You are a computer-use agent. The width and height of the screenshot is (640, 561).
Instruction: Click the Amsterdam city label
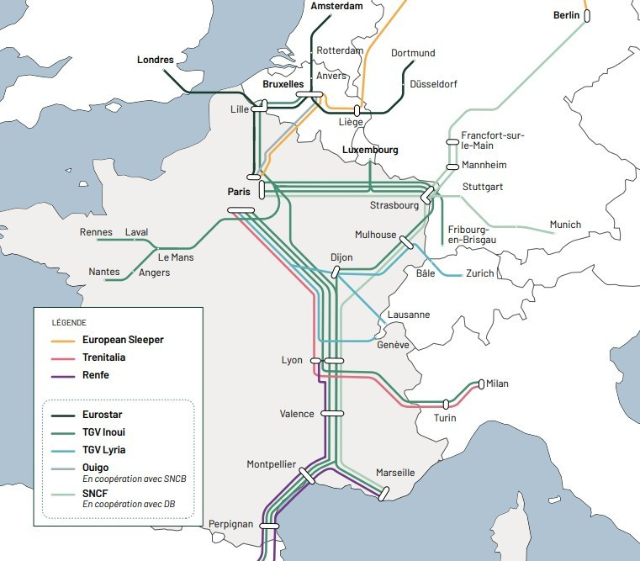click(336, 7)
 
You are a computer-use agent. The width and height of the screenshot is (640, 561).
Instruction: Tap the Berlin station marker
click(587, 15)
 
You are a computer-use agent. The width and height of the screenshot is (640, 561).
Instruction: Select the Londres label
click(156, 60)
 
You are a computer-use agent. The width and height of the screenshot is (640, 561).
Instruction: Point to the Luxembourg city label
click(370, 150)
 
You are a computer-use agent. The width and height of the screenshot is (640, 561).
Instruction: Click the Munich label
click(565, 225)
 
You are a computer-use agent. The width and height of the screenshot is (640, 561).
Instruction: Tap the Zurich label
click(480, 273)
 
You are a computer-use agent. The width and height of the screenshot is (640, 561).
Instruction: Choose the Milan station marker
click(481, 384)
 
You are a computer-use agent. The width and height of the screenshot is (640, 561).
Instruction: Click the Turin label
click(445, 418)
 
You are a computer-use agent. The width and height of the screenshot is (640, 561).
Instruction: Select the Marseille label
click(395, 473)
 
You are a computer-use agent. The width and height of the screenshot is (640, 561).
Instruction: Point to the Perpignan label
click(230, 524)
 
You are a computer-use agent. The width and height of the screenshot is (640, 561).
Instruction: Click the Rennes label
click(96, 232)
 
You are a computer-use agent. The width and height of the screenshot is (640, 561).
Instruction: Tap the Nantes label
click(104, 272)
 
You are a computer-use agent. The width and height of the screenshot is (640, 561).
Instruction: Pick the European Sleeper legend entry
click(123, 340)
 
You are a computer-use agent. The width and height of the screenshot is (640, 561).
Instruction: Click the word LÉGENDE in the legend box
click(69, 322)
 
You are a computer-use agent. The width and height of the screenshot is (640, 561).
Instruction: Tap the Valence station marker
click(332, 414)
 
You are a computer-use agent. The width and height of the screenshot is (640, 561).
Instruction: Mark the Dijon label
click(341, 257)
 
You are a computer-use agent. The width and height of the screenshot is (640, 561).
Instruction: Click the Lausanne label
click(408, 315)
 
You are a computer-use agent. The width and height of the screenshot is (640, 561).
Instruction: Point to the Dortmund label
click(413, 53)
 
